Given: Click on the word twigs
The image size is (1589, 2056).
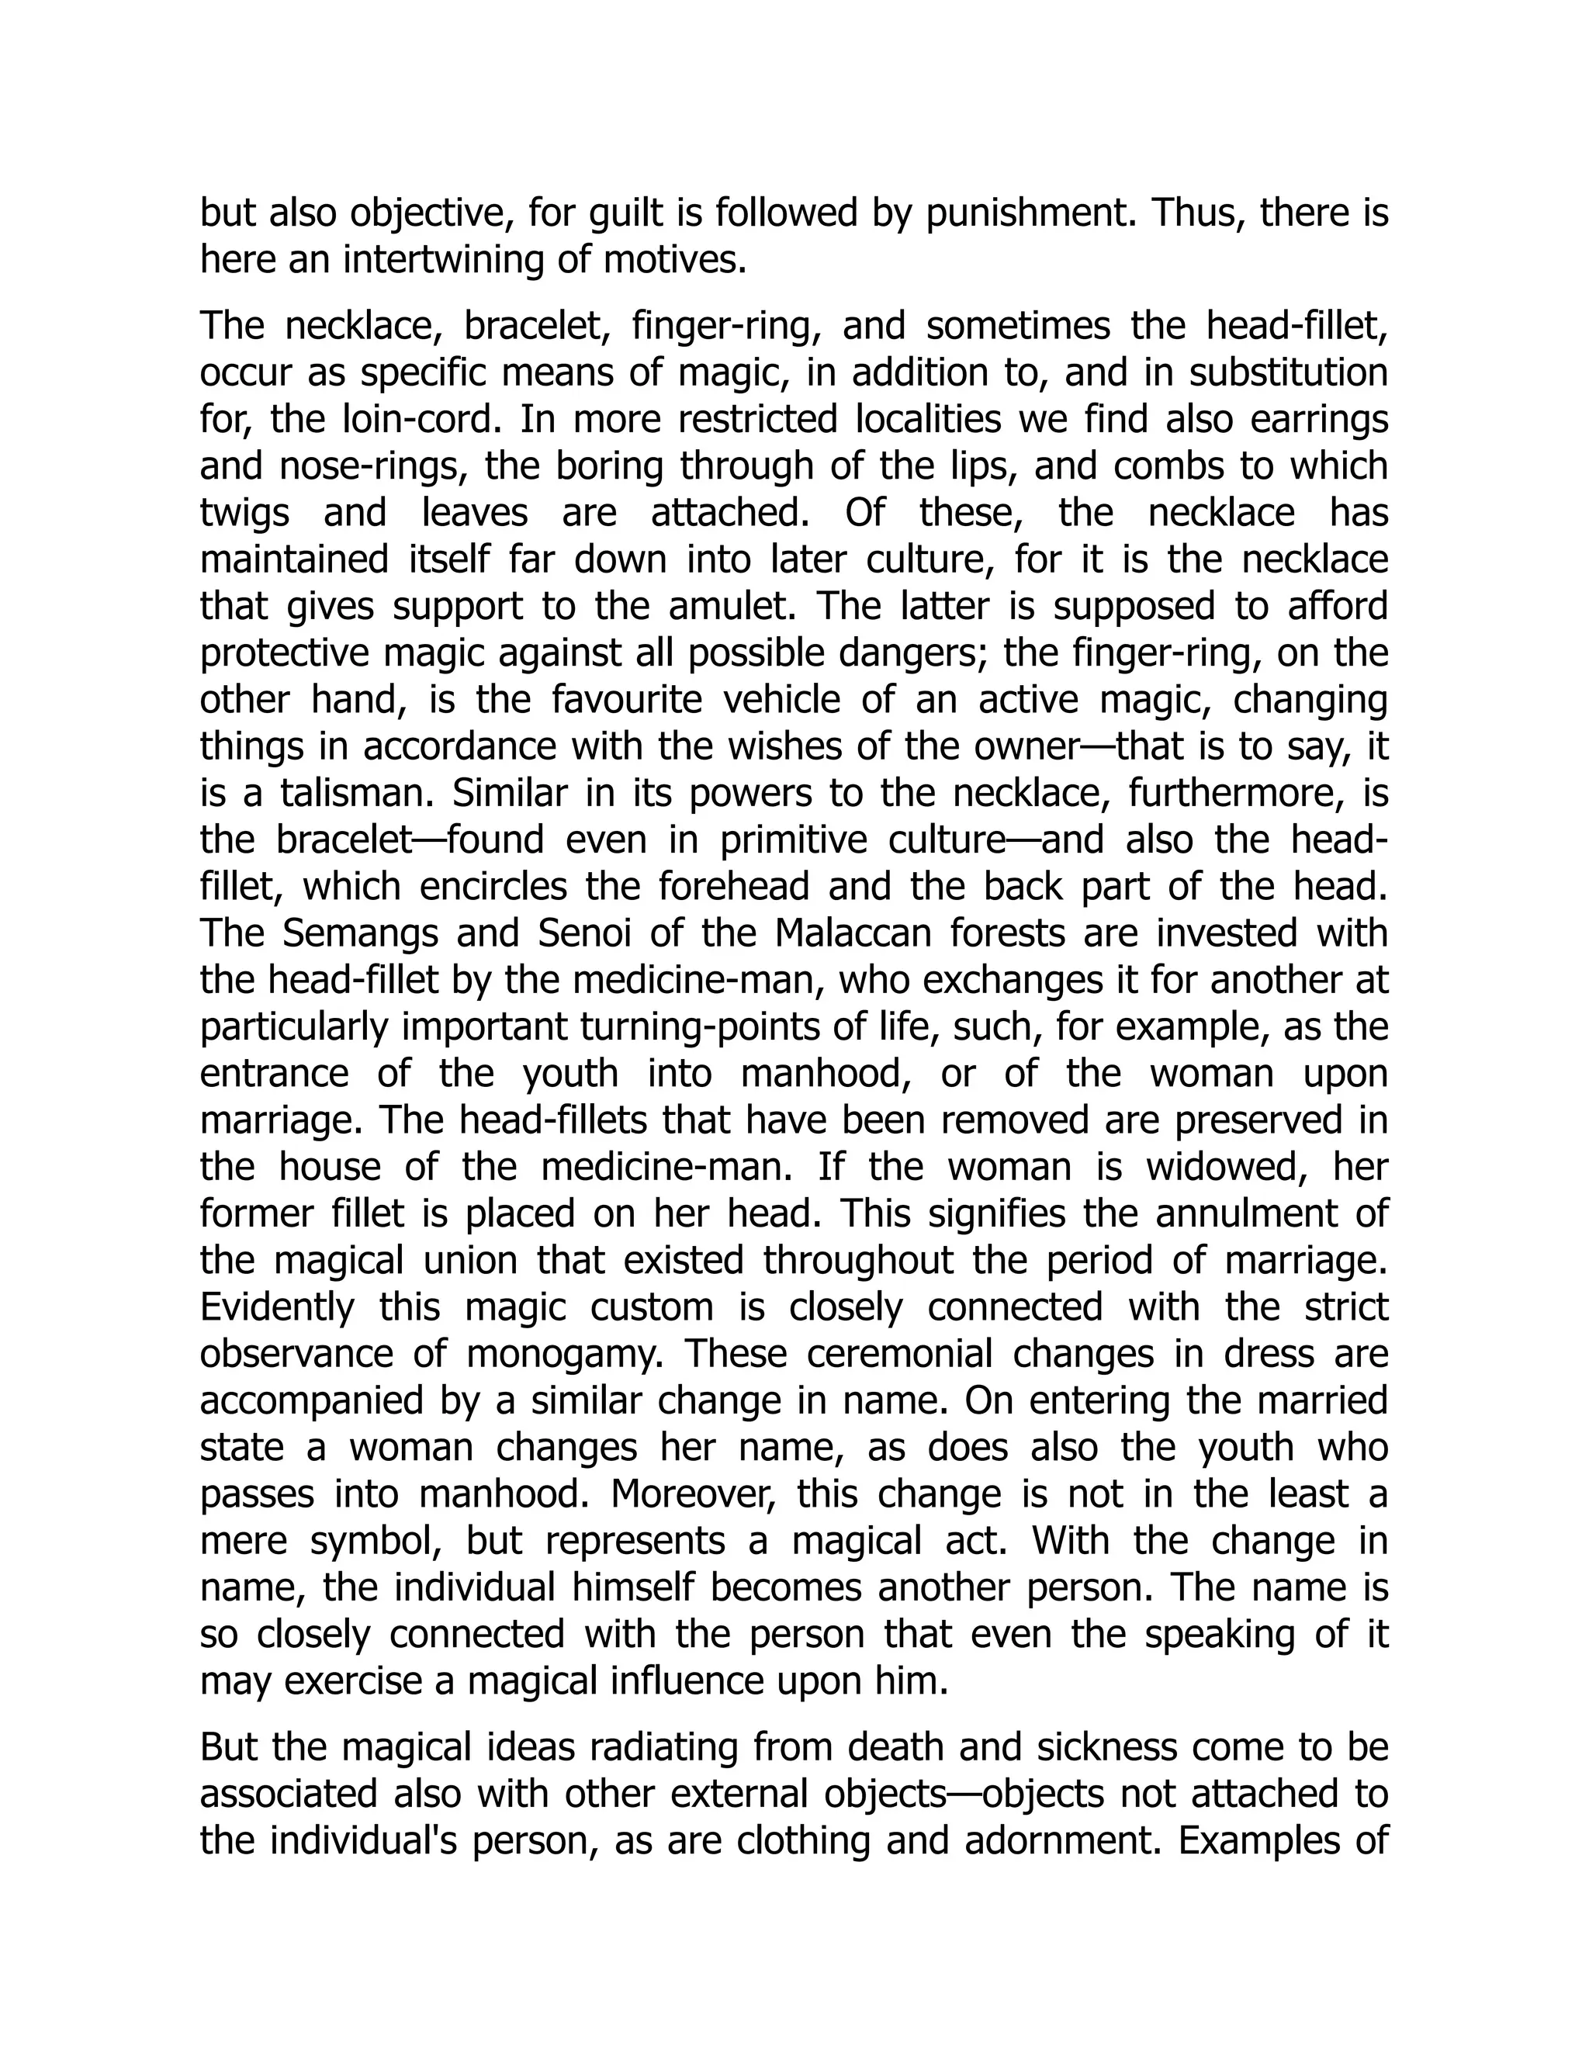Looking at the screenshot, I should click(x=246, y=512).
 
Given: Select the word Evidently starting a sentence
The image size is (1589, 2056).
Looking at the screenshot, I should click(x=278, y=1307).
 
